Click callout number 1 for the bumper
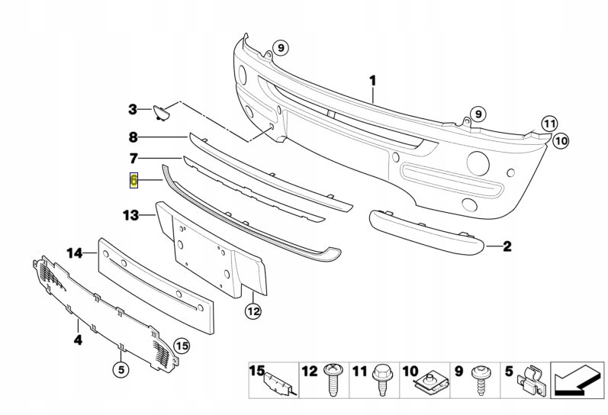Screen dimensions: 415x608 pyautogui.click(x=374, y=79)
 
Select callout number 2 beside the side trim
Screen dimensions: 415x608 pyautogui.click(x=507, y=246)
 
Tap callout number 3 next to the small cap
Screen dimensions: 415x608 pyautogui.click(x=132, y=110)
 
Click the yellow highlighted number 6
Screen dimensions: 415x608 pyautogui.click(x=134, y=181)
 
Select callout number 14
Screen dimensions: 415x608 pyautogui.click(x=74, y=253)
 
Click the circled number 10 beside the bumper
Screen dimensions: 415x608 pyautogui.click(x=561, y=140)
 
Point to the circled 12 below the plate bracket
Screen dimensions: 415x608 pyautogui.click(x=253, y=310)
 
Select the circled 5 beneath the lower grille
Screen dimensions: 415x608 pyautogui.click(x=121, y=370)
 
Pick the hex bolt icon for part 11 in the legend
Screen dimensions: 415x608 pyautogui.click(x=381, y=381)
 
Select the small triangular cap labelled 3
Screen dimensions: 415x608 pyautogui.click(x=161, y=113)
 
